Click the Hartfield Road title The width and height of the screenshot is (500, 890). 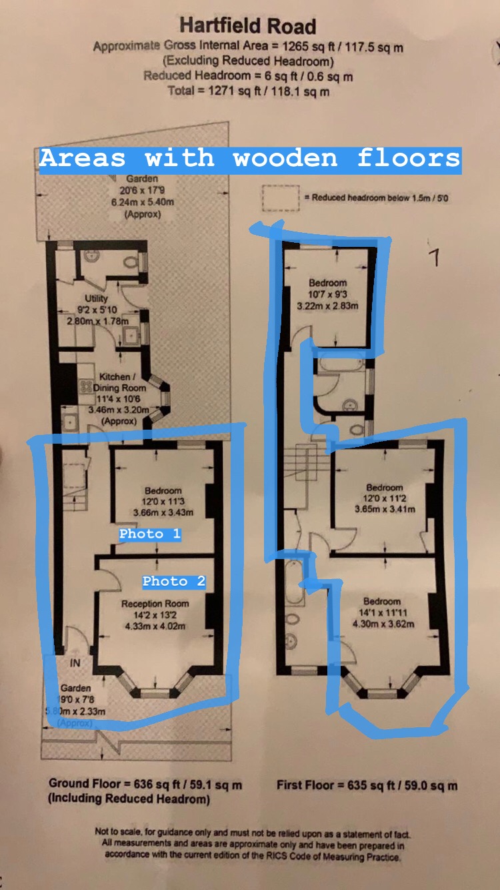[247, 26]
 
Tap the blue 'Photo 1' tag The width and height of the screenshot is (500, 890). [150, 534]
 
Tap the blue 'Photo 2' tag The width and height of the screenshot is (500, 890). [173, 581]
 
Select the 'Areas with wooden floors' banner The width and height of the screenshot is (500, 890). [250, 159]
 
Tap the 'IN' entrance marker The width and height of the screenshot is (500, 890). [75, 663]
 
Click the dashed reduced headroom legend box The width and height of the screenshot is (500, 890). [280, 197]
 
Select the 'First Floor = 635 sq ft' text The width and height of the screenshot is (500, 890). [367, 785]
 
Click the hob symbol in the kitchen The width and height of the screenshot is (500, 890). [85, 386]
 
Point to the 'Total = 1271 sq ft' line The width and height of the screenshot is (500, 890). [248, 91]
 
